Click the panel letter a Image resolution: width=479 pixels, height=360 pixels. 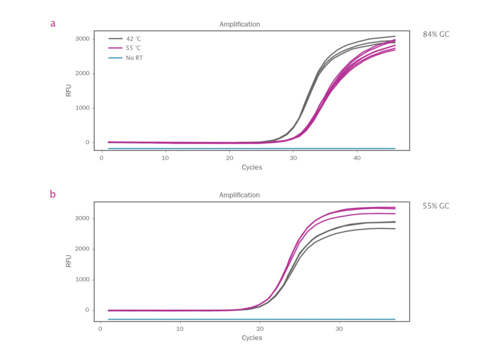(52, 23)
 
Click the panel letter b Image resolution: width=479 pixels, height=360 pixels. (52, 194)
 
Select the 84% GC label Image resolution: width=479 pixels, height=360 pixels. (436, 34)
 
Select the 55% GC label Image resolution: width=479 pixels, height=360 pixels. (436, 206)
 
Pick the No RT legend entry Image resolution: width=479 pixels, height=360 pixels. (134, 58)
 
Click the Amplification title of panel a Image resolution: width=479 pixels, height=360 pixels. (239, 24)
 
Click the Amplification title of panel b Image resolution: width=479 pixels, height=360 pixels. (239, 195)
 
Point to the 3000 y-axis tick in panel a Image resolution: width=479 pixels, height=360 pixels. (81, 39)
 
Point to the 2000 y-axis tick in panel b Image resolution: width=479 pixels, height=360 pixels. (81, 249)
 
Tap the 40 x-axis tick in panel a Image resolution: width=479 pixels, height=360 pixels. (357, 158)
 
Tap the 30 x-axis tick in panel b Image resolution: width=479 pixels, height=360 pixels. (339, 329)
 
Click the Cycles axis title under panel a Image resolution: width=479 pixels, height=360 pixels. (251, 167)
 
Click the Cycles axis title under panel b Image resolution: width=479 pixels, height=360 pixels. (251, 338)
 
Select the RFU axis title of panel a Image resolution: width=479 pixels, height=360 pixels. (69, 90)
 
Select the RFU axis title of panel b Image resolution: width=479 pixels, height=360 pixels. (69, 261)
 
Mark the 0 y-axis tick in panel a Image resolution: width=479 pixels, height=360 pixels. (87, 143)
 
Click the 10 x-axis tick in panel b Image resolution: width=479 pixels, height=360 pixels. (180, 329)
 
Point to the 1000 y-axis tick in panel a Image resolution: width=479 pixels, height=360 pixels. (81, 108)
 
